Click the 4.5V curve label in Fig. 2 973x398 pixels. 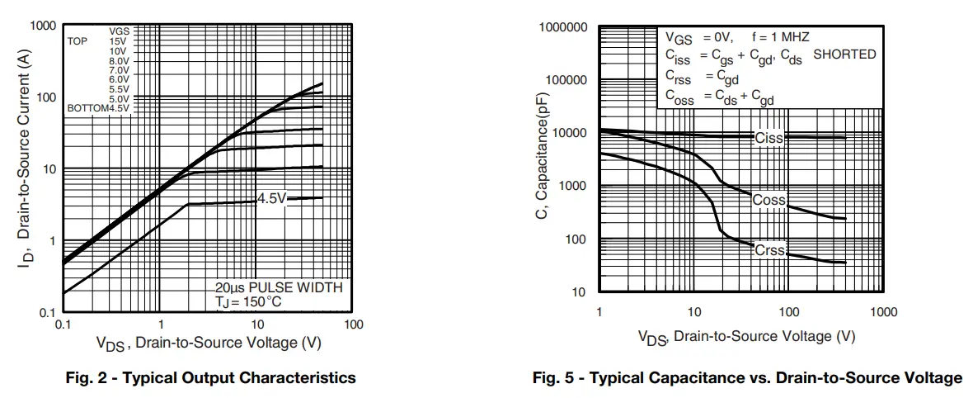pos(271,198)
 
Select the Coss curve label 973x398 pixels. pos(770,201)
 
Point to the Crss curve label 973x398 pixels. pos(770,250)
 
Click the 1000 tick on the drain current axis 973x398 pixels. pos(43,26)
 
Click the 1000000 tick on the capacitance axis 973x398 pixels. pos(563,28)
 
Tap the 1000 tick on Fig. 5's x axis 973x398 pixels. pos(883,313)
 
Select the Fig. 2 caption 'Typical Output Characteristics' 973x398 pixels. pos(210,378)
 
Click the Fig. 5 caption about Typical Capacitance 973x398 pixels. pos(747,378)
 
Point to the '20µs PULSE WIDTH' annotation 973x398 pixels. pos(279,287)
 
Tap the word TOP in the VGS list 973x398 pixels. pos(78,40)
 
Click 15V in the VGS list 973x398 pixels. pos(118,40)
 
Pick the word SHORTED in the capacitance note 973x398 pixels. pos(844,54)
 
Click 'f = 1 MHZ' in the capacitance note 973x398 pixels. pos(780,37)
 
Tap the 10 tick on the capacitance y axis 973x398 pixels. pos(579,291)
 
